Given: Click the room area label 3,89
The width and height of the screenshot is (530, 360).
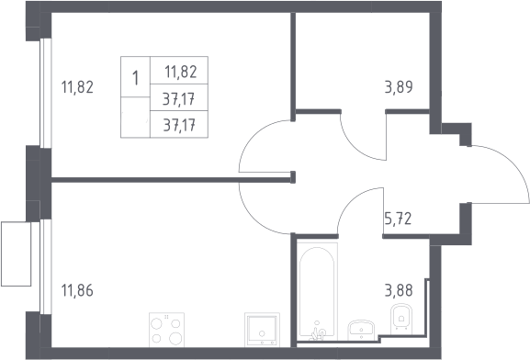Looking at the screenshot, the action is pos(399,87).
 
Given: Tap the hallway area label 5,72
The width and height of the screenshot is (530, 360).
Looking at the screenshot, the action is pos(398,219).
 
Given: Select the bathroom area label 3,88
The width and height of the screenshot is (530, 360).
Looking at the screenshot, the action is pos(399,290).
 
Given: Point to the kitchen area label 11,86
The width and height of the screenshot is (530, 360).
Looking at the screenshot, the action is pos(77,290).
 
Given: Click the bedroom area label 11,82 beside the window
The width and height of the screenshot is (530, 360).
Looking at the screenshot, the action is pos(77,87).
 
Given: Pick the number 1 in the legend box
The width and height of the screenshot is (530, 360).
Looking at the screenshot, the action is pos(136,78).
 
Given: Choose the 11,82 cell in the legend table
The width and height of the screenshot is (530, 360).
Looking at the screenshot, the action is pos(179,71).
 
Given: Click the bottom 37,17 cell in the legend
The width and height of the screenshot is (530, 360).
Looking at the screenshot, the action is pos(179,124).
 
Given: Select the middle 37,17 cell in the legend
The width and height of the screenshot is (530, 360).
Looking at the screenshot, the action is pos(179,97).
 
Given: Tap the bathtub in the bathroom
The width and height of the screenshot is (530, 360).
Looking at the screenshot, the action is pos(317,292).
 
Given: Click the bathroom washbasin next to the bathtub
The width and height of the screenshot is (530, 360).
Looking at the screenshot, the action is pos(361,330).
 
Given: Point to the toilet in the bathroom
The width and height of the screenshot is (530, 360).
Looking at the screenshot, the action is pos(401,318).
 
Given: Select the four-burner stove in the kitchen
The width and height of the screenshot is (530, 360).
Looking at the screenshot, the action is pos(166,330).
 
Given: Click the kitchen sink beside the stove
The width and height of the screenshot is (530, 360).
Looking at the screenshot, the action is pos(263,330).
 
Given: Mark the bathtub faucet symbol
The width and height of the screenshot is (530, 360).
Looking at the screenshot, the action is pos(317,332).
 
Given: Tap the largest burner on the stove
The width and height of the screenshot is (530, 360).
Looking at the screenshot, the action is pos(175,338).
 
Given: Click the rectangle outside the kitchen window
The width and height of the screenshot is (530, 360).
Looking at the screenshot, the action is pos(16,253).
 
